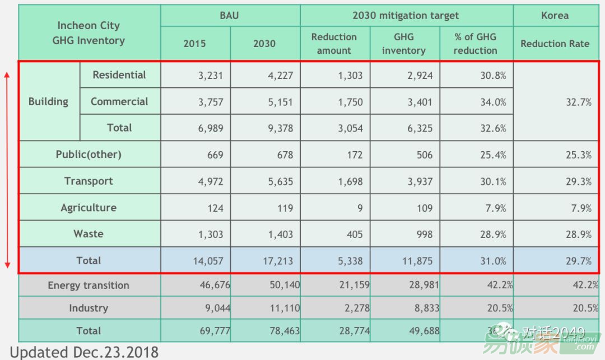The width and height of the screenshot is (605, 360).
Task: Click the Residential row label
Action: pos(119,75)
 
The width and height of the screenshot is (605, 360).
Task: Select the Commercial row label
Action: pos(119,102)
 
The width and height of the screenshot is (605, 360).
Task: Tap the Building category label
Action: pos(49,102)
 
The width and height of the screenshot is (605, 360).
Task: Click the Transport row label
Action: pos(89,181)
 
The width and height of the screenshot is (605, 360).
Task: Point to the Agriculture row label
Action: pos(89,208)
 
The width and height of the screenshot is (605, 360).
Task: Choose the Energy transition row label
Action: pos(89,286)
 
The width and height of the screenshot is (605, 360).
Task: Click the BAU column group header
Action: pos(229,16)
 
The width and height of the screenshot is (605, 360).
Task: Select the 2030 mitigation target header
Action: pos(406,16)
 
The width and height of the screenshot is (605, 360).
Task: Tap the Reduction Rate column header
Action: pos(555,44)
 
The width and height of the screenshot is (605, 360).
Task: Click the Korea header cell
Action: pos(555,16)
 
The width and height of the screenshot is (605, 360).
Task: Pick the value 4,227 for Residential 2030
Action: pos(281,76)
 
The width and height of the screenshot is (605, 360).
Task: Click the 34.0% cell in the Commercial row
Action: pos(493,102)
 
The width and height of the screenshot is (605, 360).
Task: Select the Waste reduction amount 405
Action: pos(354,235)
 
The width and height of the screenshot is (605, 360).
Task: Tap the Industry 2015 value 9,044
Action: pos(211,308)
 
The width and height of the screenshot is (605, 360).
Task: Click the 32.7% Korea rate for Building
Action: pos(578,102)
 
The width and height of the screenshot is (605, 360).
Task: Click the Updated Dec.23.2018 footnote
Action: pos(85,352)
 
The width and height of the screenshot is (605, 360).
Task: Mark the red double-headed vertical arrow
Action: pos(7,168)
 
